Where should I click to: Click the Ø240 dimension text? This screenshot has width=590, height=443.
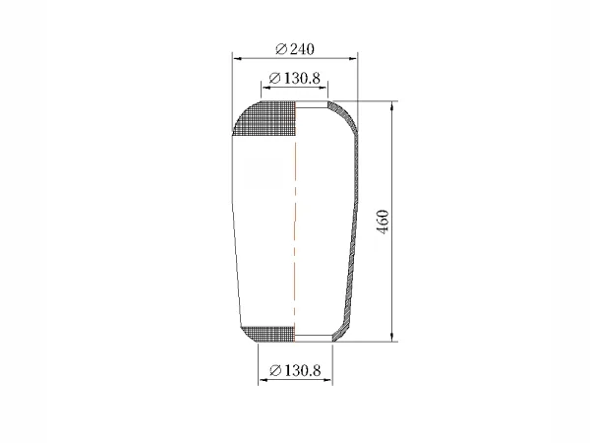pos(295,49)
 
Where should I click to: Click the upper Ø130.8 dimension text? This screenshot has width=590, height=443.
pos(295,79)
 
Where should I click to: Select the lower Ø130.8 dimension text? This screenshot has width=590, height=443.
pos(295,371)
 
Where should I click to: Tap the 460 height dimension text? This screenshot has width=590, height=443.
pos(383,221)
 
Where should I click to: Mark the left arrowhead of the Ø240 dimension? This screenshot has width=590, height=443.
pos(237,58)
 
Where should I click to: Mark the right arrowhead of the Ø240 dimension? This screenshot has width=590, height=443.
pos(353,58)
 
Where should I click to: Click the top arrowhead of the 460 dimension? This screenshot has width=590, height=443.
pos(392,106)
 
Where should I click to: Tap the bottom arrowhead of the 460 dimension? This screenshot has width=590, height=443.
pos(392,337)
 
